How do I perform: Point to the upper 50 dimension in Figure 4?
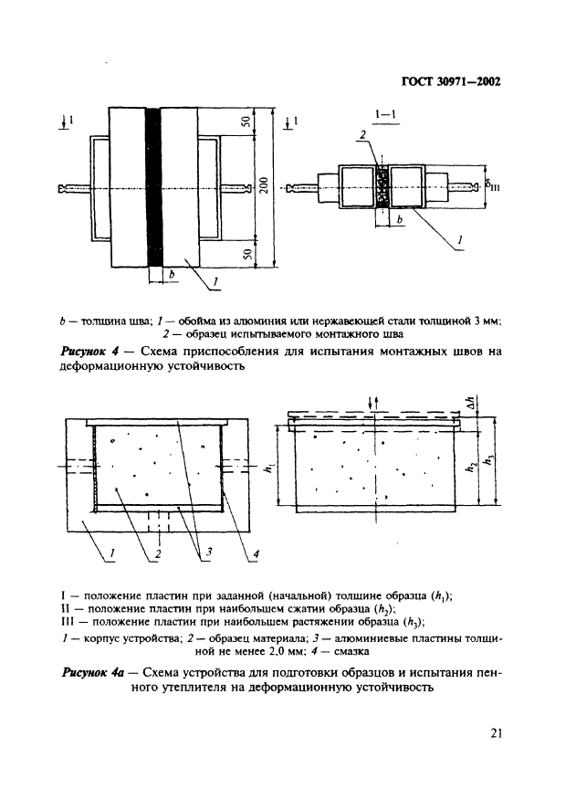(247, 124)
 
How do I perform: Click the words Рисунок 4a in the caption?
(97, 672)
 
